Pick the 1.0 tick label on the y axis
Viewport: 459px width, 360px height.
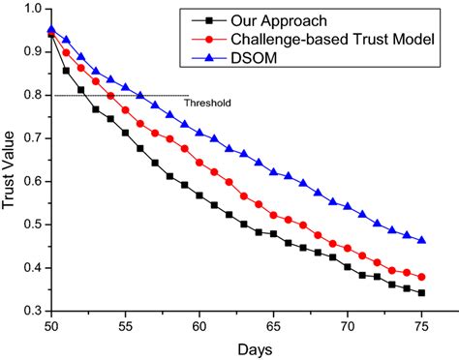point(33,9)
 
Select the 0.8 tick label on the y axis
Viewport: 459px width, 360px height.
point(33,95)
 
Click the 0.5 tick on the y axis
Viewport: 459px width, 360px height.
point(33,225)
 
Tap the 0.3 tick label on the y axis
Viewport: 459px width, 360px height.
point(33,311)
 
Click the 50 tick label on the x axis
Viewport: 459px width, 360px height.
point(50,325)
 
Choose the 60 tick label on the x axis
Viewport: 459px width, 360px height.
point(199,325)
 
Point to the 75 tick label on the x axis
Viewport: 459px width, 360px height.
point(422,325)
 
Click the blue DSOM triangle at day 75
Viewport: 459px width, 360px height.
point(422,240)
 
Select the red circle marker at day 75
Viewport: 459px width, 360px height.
point(422,277)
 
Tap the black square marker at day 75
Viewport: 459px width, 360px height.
point(422,292)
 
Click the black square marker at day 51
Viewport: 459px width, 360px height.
point(66,71)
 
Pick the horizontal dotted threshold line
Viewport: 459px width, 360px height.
point(116,95)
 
